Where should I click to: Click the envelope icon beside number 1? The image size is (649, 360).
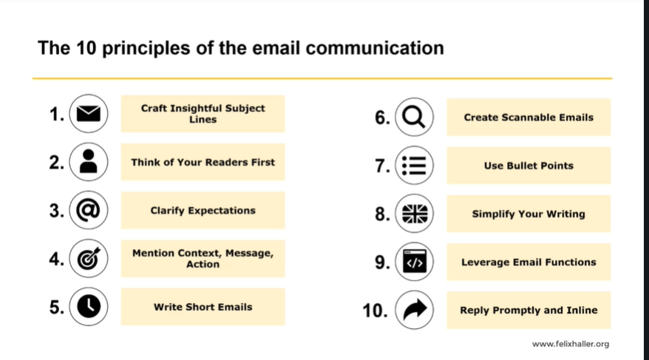pos(89,114)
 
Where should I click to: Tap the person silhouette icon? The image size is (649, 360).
pos(89,162)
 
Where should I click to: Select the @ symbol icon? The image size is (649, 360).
pos(89,210)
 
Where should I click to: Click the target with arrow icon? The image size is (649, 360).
pos(89,259)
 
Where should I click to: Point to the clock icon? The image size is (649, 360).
pos(89,307)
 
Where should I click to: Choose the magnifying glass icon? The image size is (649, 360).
pos(415,117)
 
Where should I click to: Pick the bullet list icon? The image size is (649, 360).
pos(415,166)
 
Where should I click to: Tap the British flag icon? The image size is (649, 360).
pos(415,214)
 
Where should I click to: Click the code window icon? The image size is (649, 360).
pos(415,262)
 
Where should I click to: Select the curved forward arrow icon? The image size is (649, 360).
pos(415,310)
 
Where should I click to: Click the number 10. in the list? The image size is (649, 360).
pos(375,310)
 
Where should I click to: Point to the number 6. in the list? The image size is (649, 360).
pos(382,118)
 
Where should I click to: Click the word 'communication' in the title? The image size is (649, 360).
pos(375,47)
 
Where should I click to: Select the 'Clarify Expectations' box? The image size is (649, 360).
pos(203,210)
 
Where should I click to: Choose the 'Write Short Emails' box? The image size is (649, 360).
pos(203,307)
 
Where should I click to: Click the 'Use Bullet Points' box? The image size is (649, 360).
pos(529,166)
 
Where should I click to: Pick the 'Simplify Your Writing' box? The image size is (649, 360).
pos(529,214)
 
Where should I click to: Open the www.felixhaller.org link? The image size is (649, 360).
pos(571,344)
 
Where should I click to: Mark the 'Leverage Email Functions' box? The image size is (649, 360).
pos(529,262)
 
